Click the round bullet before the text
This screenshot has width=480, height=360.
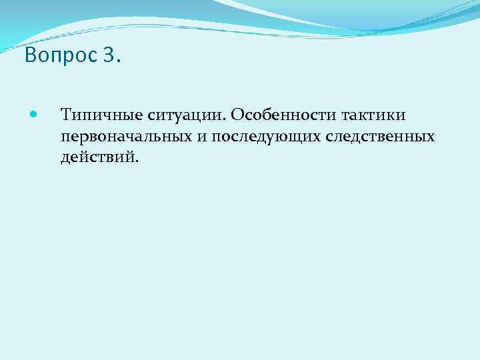[35, 115]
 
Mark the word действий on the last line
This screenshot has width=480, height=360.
[97, 158]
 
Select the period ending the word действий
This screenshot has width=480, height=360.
[139, 163]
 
